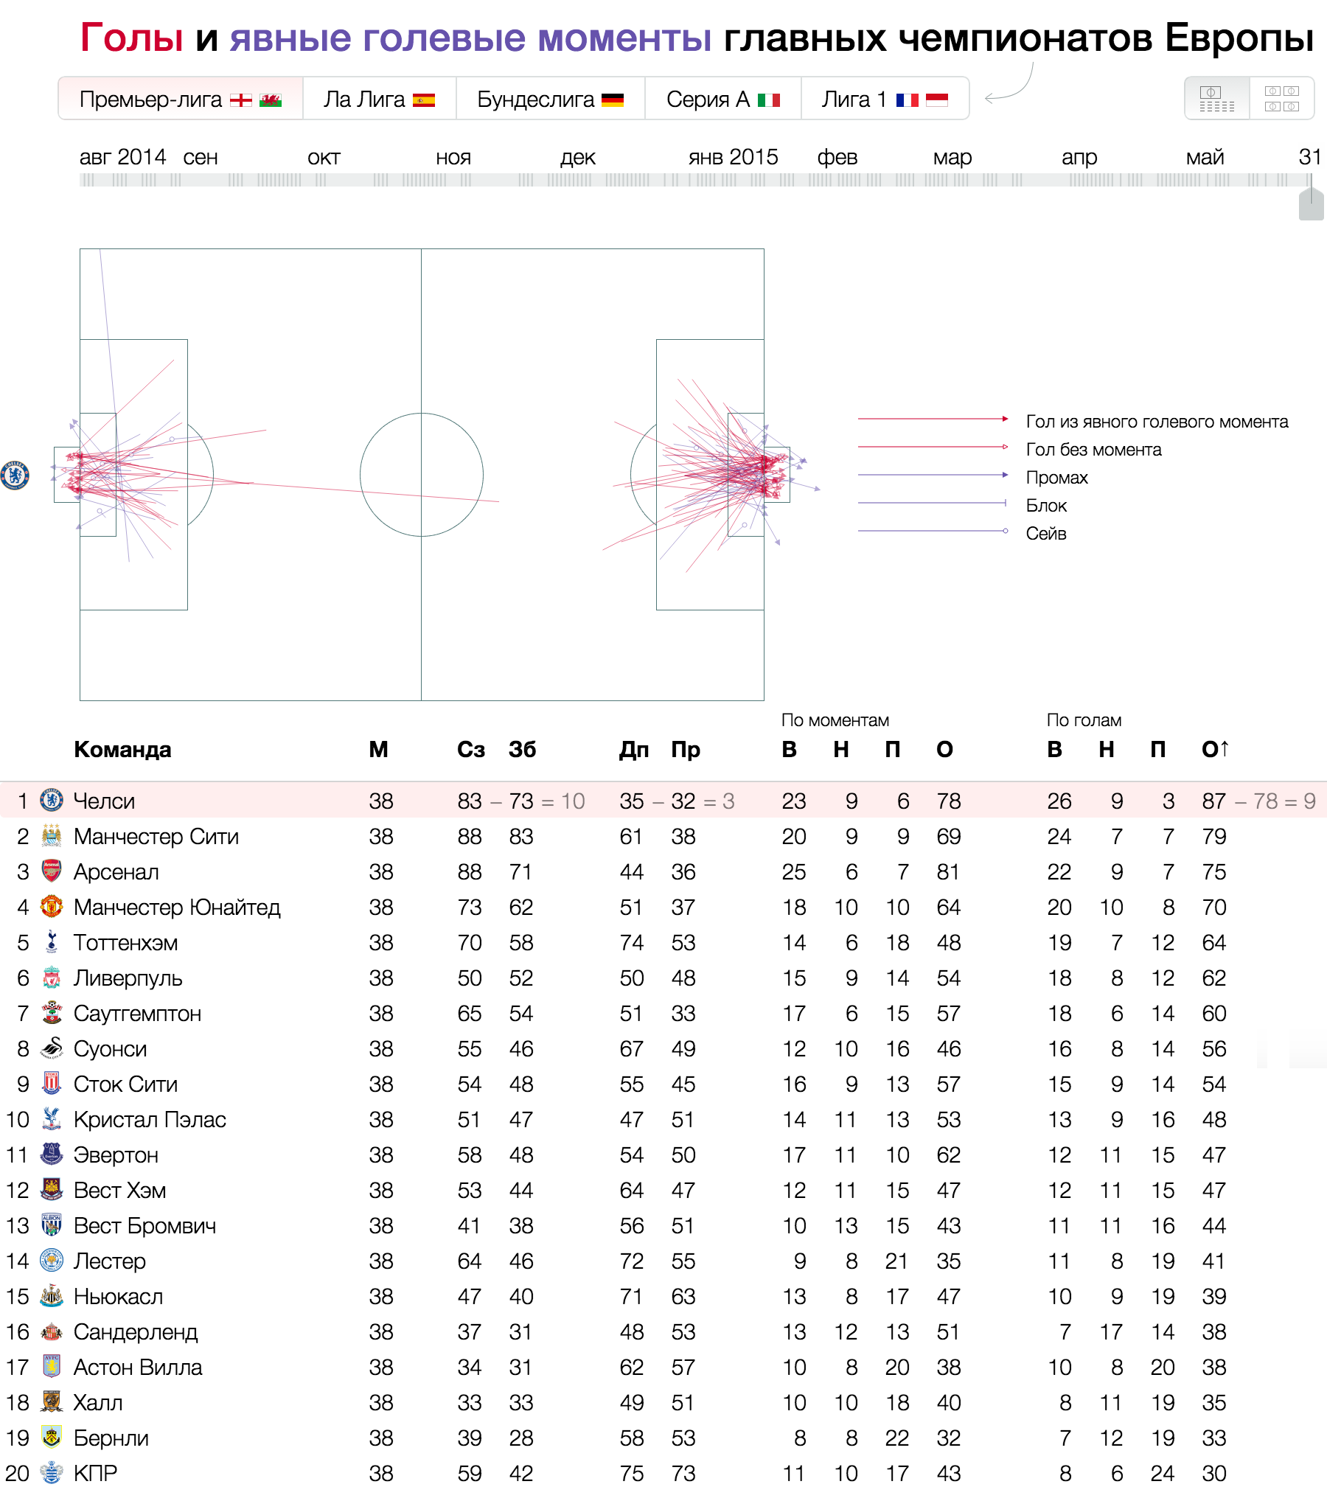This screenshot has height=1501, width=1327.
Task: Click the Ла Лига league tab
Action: tap(379, 99)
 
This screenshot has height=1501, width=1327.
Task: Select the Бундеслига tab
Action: tap(550, 99)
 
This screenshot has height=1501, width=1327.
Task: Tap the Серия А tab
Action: tap(722, 99)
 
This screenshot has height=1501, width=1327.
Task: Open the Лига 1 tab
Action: tap(884, 99)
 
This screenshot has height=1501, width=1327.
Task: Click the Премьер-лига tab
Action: tap(180, 99)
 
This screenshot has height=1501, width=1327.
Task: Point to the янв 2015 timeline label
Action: tap(733, 157)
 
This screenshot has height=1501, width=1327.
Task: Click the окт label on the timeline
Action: tap(324, 158)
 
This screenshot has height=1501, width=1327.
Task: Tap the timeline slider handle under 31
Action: tap(1311, 204)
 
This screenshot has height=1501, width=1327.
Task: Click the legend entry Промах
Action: tap(1056, 478)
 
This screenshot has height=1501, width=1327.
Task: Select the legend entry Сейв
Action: tap(1046, 534)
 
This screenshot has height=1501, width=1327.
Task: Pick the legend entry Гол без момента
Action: tap(1093, 450)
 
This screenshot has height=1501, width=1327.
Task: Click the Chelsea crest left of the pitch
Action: tap(15, 476)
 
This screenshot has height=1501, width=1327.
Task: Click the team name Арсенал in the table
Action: tap(116, 872)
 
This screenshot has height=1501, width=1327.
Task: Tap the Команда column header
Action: tap(122, 750)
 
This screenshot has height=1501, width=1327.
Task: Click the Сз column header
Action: tap(470, 750)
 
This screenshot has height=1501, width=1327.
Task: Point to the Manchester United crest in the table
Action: tap(51, 907)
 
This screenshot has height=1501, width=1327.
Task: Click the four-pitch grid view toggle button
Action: tap(1281, 98)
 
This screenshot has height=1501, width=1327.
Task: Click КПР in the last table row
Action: tap(96, 1474)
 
